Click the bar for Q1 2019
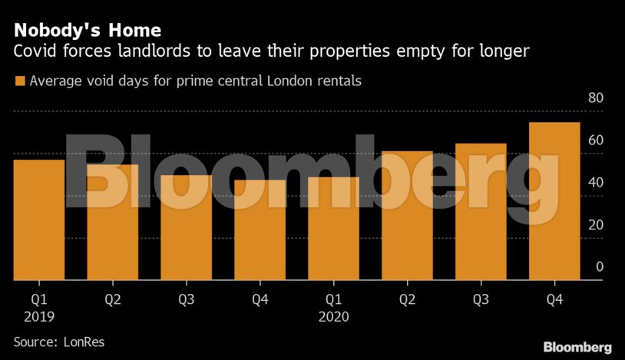pos(38,220)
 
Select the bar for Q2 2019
pos(112,222)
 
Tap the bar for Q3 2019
pos(186,227)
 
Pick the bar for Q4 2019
pos(260,230)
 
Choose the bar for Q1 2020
pos(333,228)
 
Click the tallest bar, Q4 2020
pos(554,201)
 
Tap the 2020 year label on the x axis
pos(333,315)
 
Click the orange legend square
pos(20,81)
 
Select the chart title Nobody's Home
pos(86,30)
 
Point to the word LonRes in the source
pos(84,342)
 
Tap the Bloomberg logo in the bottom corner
pos(577,347)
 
